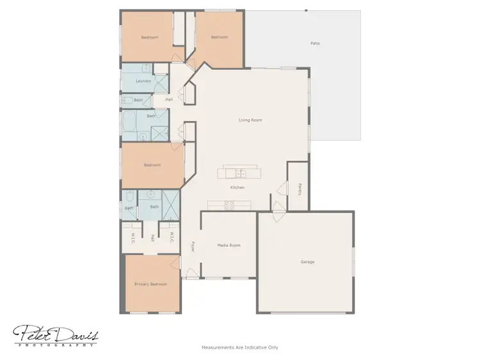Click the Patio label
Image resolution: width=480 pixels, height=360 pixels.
[x=315, y=43]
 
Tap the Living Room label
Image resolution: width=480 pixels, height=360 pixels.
[x=250, y=120]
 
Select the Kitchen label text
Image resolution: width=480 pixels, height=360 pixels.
[x=237, y=187]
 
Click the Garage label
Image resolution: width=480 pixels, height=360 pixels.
[x=307, y=262]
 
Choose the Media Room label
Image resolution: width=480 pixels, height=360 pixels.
[x=228, y=245]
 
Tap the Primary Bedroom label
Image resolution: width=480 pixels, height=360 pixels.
[x=150, y=284]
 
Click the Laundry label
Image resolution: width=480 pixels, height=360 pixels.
[x=143, y=81]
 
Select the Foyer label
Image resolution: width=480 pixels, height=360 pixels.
[x=192, y=246]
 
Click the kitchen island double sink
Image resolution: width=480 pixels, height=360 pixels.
[x=241, y=173]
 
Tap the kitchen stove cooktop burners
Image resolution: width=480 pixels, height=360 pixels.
[x=228, y=205]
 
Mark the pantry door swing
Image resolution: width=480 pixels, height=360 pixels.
[x=282, y=189]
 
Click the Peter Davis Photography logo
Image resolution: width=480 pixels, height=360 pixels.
[x=56, y=334]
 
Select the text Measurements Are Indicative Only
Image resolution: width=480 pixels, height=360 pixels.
[x=240, y=348]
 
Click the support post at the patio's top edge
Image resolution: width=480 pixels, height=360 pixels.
[x=306, y=10]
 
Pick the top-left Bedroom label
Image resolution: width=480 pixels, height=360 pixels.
[x=150, y=37]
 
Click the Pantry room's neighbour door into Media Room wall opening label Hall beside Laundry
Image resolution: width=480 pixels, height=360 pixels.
[x=169, y=100]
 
